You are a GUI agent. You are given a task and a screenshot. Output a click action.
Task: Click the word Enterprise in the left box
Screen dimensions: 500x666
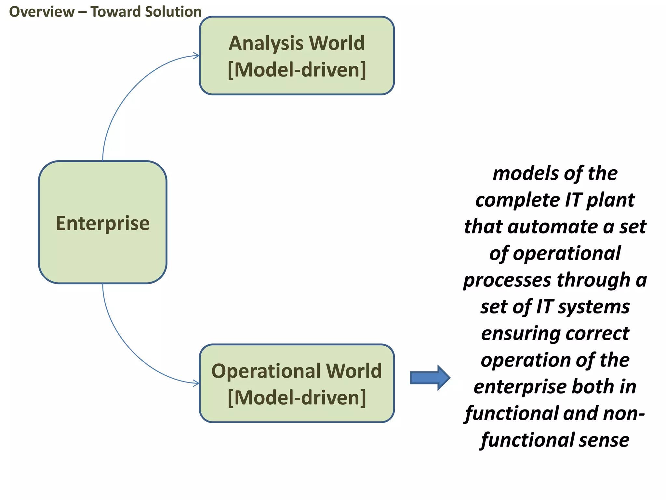(x=102, y=223)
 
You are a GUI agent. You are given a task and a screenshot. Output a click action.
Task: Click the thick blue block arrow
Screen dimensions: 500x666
(x=430, y=378)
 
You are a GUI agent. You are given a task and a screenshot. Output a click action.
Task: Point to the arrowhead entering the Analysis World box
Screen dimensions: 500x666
(x=196, y=56)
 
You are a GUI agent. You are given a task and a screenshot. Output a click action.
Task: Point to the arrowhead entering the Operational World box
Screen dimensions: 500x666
(x=196, y=383)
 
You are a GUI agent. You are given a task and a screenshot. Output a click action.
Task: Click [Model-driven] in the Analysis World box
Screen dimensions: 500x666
(x=297, y=70)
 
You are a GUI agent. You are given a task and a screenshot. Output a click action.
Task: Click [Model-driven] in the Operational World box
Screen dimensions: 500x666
(x=297, y=398)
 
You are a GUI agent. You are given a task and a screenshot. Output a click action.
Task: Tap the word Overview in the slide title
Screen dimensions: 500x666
(x=42, y=12)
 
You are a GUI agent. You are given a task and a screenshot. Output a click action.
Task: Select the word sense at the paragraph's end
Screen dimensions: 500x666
(x=604, y=440)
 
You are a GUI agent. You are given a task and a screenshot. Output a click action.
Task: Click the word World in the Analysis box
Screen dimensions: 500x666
(x=337, y=43)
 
